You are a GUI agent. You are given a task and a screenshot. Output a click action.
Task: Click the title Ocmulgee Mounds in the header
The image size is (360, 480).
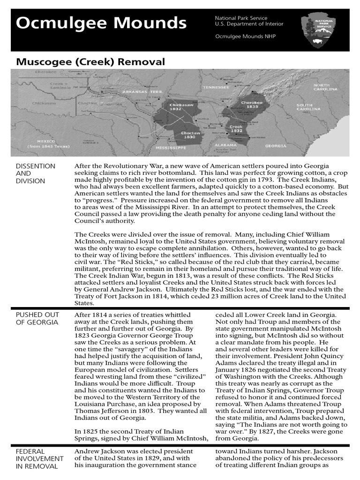tap(101, 22)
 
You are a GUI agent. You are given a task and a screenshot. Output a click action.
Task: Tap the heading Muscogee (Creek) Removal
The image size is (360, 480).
tap(90, 61)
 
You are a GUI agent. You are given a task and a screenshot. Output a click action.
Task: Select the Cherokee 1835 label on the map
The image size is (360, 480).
tap(252, 104)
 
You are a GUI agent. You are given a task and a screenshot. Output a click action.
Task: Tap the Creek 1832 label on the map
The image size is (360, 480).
tap(236, 129)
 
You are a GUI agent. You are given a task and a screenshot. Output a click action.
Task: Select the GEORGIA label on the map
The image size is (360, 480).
tap(275, 146)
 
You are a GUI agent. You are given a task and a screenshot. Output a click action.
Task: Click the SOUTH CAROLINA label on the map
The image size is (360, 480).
tap(304, 107)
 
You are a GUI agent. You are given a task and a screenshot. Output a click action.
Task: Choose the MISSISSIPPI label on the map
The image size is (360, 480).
tap(171, 147)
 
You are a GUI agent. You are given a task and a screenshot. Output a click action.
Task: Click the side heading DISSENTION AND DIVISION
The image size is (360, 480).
tap(36, 173)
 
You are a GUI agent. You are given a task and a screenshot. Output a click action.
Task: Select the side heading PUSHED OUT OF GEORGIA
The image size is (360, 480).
tap(37, 318)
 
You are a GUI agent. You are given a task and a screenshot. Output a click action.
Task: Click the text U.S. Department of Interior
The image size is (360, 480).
tap(249, 24)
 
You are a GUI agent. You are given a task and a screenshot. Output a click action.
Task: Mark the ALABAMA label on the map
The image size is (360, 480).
tap(226, 145)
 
